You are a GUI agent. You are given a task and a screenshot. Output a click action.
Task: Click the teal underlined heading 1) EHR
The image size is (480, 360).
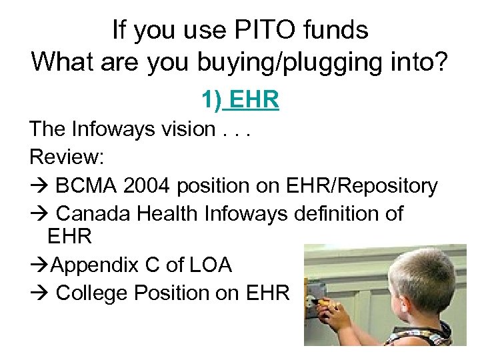(240, 100)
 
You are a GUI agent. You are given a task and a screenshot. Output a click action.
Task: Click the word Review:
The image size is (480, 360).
(65, 157)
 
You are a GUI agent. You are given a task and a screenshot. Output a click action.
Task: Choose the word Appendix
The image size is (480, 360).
(94, 265)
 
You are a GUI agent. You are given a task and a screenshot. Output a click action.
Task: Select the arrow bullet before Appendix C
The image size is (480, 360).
(38, 265)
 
